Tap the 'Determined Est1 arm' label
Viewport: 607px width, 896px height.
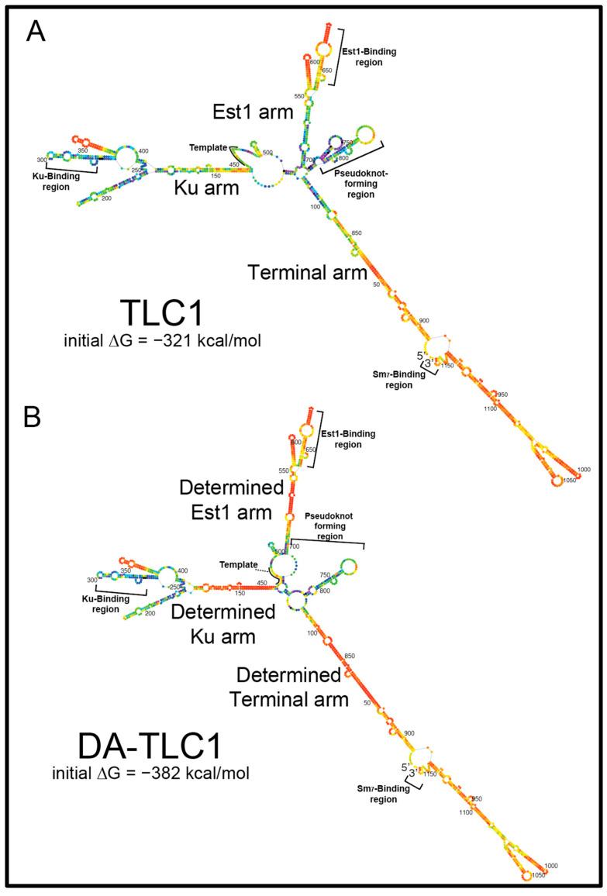(x=226, y=500)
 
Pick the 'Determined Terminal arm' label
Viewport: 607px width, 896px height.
(x=288, y=687)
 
